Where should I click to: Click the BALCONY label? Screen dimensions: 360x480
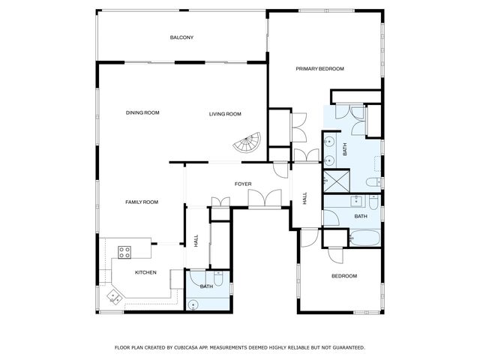(x=181, y=37)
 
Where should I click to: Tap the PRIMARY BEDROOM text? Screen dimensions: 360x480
(x=319, y=69)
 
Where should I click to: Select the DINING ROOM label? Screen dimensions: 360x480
(x=142, y=113)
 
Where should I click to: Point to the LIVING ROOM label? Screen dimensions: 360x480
(x=225, y=114)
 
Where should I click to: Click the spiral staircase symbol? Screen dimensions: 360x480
(x=247, y=143)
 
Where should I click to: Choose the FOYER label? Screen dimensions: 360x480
(x=243, y=184)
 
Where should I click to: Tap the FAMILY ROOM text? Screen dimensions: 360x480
(x=141, y=202)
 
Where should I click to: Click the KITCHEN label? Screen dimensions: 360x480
(x=145, y=272)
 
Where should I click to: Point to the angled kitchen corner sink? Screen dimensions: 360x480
(x=114, y=295)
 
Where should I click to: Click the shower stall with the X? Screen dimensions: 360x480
(x=331, y=181)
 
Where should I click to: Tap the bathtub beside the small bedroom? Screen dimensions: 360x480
(x=366, y=238)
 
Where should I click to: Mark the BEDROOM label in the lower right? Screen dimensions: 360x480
(x=344, y=276)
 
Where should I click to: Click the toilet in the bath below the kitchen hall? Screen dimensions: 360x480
(x=205, y=276)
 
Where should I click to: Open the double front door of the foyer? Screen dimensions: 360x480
(x=265, y=199)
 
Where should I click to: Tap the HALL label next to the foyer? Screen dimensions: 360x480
(x=304, y=199)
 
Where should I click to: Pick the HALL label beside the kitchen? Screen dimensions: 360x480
(x=196, y=241)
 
